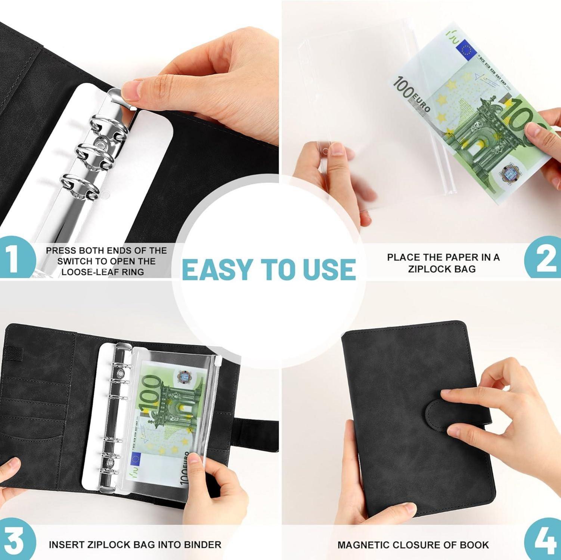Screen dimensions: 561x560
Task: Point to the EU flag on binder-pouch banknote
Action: pos(135,460)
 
